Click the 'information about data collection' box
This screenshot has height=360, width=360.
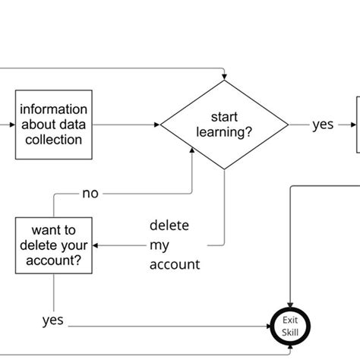[54, 125]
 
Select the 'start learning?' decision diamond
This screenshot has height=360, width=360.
[224, 125]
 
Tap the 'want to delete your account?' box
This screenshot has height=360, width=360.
[53, 245]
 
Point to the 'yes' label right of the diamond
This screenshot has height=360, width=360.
[323, 125]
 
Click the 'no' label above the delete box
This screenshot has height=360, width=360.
[90, 193]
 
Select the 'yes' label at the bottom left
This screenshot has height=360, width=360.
[52, 321]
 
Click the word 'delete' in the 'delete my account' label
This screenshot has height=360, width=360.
[169, 226]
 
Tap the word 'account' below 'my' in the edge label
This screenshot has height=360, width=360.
[175, 264]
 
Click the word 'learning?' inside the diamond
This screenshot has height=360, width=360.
[224, 133]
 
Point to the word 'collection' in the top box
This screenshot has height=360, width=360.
[54, 140]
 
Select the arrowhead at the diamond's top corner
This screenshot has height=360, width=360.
[224, 77]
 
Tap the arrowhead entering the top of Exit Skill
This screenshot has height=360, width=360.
[291, 302]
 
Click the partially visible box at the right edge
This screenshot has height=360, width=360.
[358, 125]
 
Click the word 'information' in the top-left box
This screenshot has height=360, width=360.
[54, 109]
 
